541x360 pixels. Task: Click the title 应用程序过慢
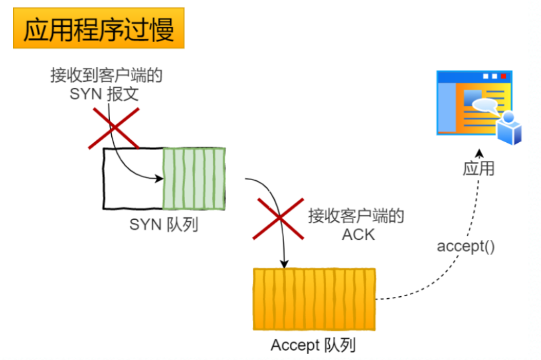(98, 30)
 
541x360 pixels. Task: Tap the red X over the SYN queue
(114, 128)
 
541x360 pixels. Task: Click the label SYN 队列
(164, 225)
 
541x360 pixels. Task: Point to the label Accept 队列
(313, 345)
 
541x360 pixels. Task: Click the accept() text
(466, 246)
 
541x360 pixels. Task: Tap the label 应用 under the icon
(478, 169)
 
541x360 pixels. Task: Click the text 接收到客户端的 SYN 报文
(106, 84)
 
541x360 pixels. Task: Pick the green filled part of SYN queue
(194, 179)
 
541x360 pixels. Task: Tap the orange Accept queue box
(314, 299)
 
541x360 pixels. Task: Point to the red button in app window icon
(503, 77)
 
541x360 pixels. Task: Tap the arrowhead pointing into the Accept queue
(284, 264)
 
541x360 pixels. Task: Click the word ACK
(358, 234)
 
